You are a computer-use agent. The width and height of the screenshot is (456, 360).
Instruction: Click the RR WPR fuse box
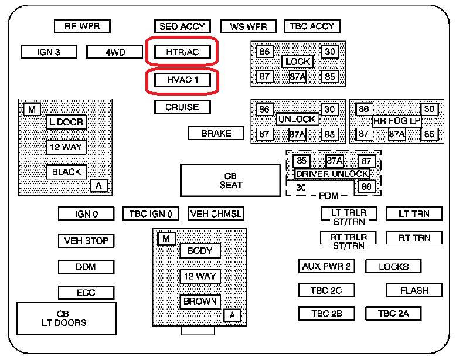(82, 26)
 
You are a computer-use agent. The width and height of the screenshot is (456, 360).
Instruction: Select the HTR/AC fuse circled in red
(182, 52)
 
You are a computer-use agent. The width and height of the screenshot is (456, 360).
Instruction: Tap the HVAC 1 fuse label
(182, 80)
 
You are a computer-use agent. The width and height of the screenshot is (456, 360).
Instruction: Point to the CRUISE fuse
(182, 107)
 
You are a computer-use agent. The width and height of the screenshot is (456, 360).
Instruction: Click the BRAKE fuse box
(216, 133)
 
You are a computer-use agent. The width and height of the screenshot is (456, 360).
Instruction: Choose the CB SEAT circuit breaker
(230, 181)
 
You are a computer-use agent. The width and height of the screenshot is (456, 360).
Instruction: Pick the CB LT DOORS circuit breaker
(67, 318)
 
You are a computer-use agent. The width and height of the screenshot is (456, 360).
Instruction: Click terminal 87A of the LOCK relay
(298, 77)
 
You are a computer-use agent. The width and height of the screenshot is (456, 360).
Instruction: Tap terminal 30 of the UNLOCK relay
(330, 110)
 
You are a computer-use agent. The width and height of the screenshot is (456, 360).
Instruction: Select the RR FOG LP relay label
(397, 121)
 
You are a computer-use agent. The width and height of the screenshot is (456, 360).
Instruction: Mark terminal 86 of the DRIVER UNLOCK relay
(366, 186)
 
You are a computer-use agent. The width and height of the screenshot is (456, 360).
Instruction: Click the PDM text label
(329, 196)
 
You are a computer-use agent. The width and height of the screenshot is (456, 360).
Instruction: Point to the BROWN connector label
(200, 301)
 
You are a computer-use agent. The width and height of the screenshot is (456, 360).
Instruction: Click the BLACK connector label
(66, 172)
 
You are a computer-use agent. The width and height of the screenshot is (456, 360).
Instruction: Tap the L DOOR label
(66, 122)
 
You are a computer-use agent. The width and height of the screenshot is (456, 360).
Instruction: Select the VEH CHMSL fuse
(216, 214)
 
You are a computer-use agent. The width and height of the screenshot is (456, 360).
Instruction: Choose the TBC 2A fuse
(393, 314)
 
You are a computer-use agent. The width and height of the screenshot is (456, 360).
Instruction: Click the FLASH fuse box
(414, 290)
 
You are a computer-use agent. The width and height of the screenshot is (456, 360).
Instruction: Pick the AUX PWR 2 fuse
(326, 266)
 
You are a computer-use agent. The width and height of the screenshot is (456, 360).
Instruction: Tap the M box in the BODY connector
(166, 239)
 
